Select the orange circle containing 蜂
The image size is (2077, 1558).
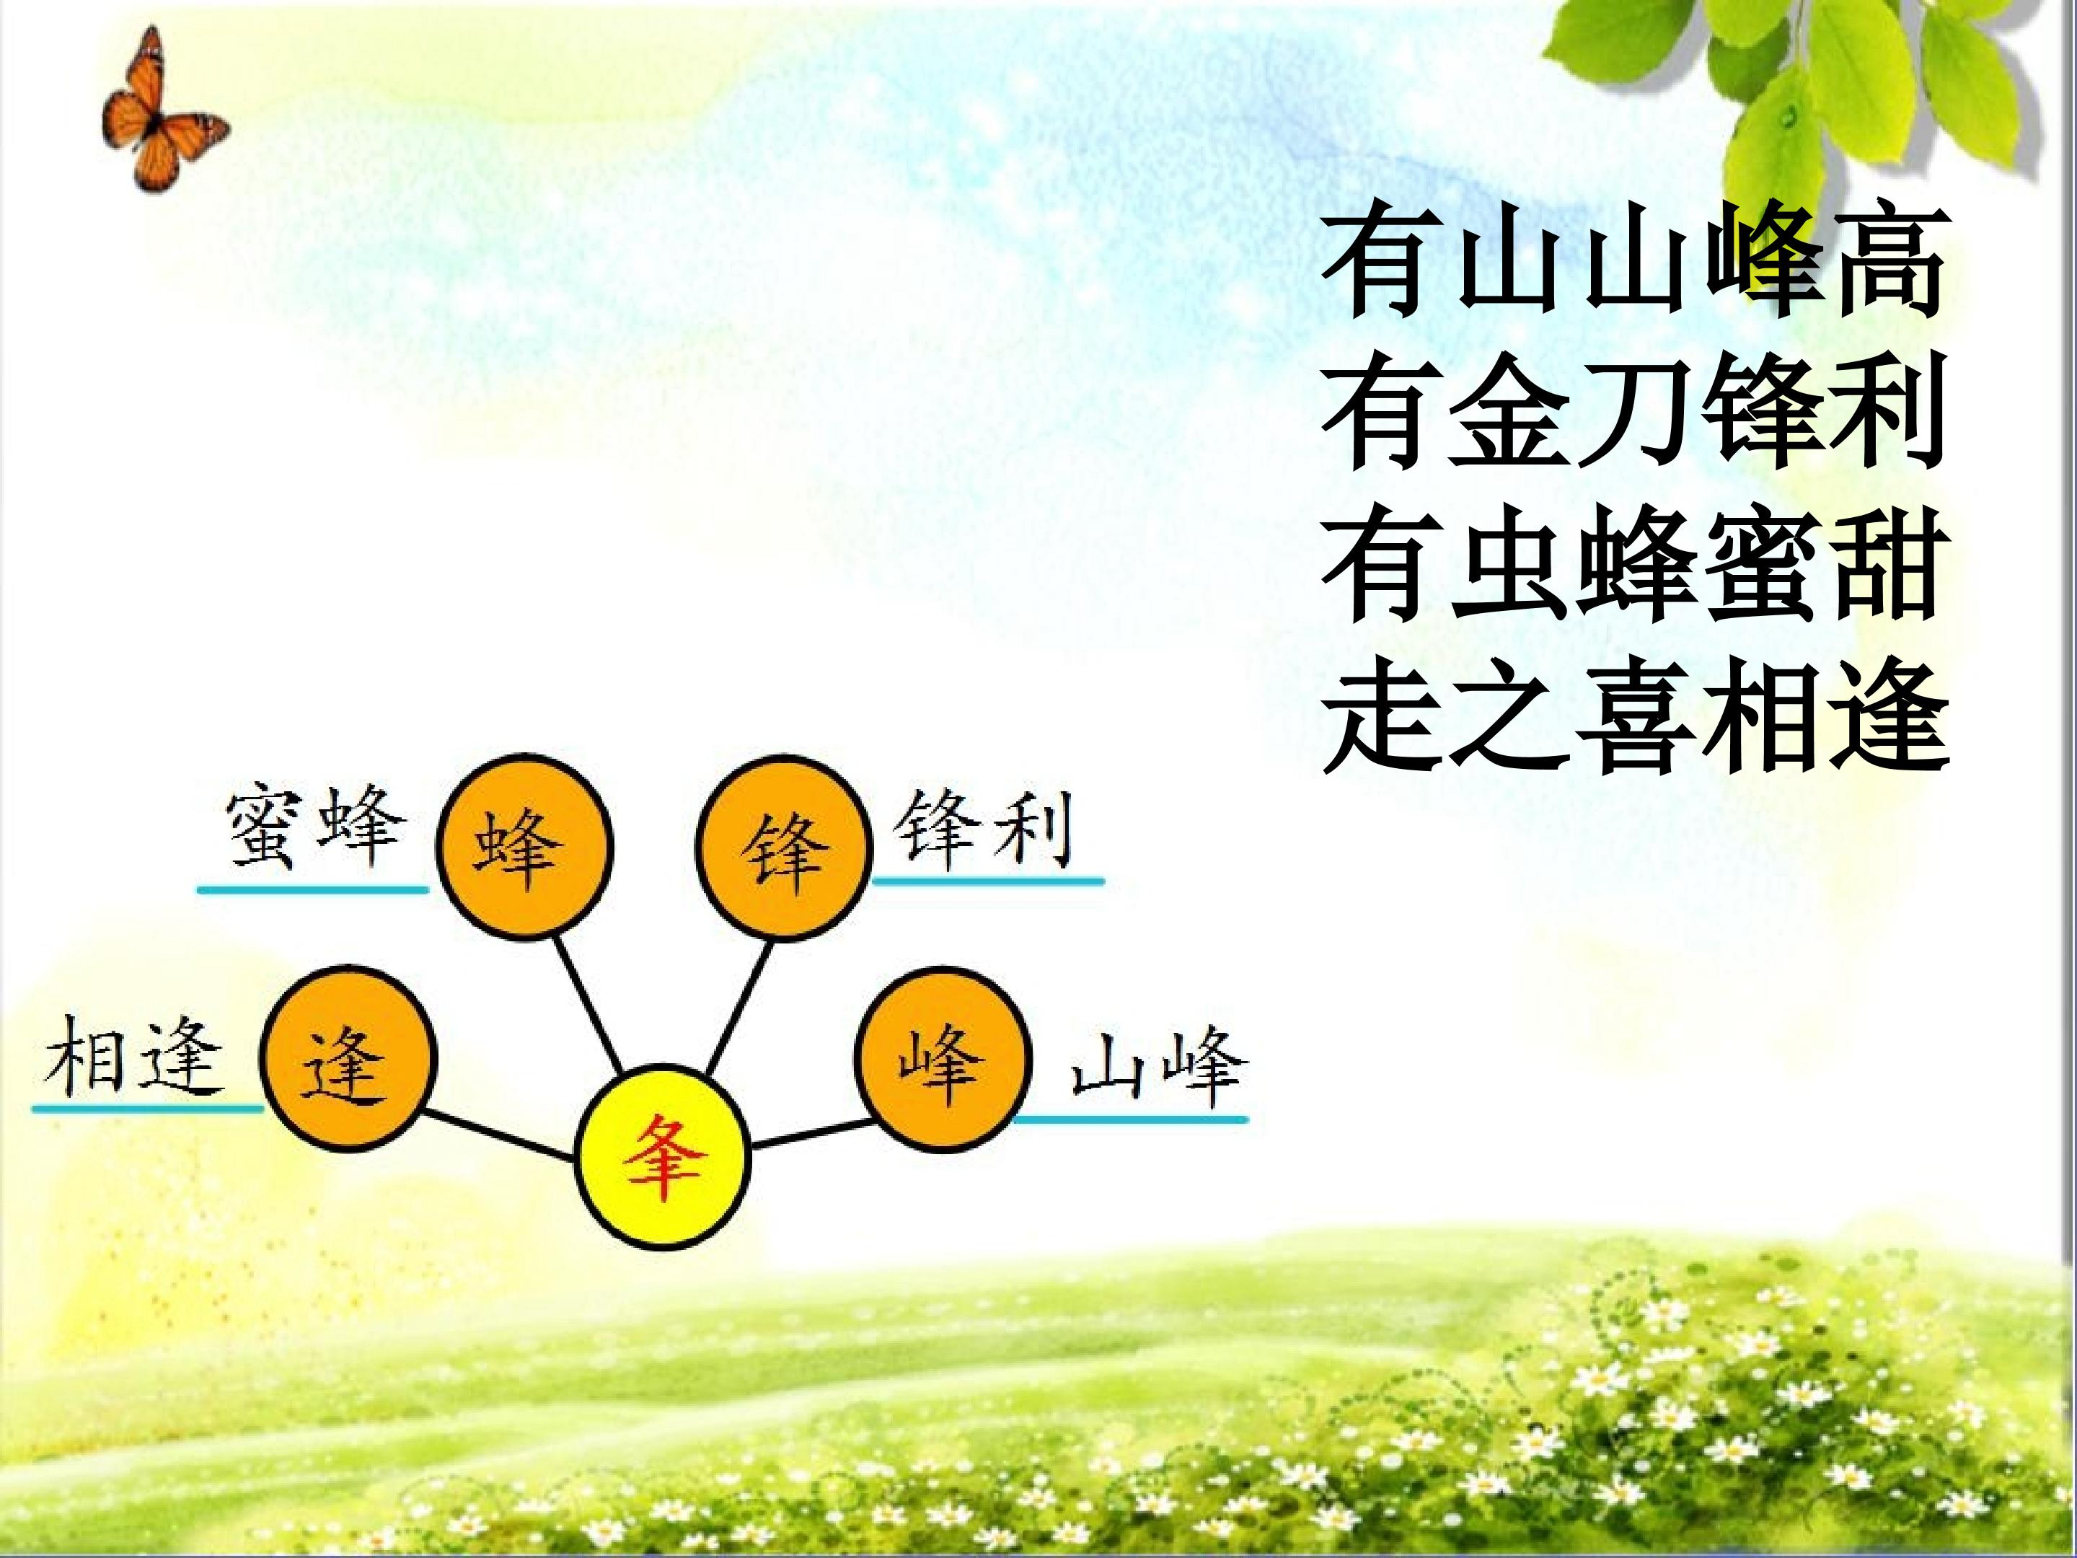(526, 847)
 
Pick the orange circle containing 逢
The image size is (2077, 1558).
(348, 1060)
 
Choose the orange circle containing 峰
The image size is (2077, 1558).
(943, 1060)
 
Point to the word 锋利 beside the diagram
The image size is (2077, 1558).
(984, 830)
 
